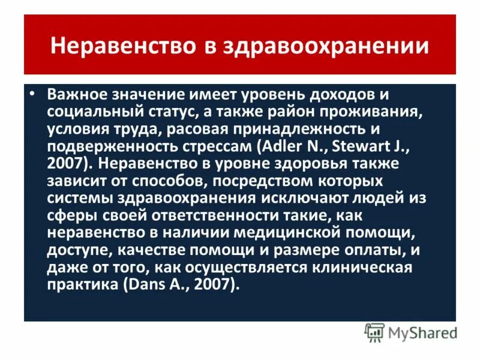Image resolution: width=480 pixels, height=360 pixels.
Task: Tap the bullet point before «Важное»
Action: click(34, 95)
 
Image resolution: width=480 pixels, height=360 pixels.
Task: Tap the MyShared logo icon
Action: click(374, 331)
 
